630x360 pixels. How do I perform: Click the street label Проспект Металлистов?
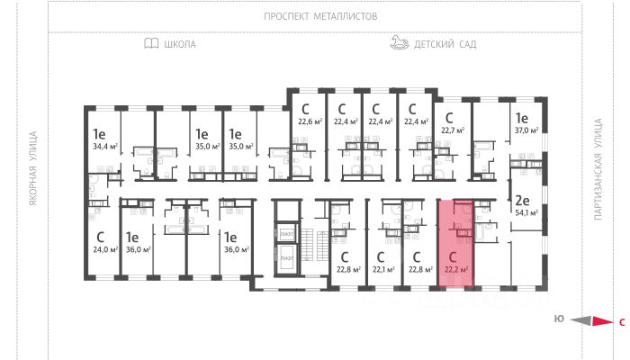pos(320,16)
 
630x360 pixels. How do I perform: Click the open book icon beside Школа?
pos(150,43)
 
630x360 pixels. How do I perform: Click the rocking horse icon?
pos(400,42)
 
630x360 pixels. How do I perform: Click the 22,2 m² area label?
pos(456,268)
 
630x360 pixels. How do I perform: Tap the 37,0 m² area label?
pos(526,130)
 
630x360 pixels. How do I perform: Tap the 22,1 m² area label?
pos(384,268)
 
